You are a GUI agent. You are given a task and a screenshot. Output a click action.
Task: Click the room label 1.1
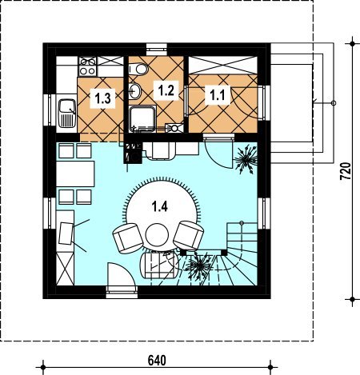(218, 95)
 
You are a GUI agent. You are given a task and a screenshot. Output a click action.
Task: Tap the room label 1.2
(166, 90)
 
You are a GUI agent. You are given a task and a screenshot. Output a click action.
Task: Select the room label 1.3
(102, 98)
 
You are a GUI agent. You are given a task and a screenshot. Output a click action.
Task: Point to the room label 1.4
(159, 206)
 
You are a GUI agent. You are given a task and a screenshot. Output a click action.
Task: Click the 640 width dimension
(157, 361)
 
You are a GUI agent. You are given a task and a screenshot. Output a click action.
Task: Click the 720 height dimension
(346, 171)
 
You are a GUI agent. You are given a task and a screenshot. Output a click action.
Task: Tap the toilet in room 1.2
(138, 69)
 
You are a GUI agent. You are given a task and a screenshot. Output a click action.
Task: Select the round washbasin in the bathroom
(135, 90)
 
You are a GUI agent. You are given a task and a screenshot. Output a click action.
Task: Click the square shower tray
(142, 119)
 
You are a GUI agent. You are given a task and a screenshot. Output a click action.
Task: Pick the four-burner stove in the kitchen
(88, 66)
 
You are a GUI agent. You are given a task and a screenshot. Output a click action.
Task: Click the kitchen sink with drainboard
(67, 113)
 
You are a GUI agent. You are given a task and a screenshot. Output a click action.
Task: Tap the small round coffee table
(157, 235)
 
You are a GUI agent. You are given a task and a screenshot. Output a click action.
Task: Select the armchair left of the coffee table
(128, 237)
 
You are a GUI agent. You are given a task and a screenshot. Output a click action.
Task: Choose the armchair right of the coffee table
(189, 235)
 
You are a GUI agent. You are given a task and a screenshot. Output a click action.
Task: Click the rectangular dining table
(75, 174)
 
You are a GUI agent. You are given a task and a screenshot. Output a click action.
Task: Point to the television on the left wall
(66, 233)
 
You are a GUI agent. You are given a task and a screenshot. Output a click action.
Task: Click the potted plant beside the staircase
(199, 266)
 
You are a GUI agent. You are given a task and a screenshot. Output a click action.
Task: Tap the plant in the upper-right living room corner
(246, 159)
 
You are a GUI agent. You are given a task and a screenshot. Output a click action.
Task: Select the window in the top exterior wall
(157, 50)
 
